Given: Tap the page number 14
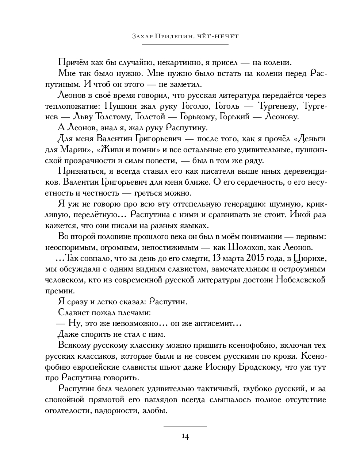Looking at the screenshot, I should (x=185, y=437).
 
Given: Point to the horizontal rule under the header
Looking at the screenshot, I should (x=185, y=45).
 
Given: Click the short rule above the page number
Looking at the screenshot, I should (x=185, y=427).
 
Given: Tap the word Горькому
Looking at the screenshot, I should (x=198, y=117).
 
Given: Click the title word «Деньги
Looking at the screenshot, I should (x=309, y=139).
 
